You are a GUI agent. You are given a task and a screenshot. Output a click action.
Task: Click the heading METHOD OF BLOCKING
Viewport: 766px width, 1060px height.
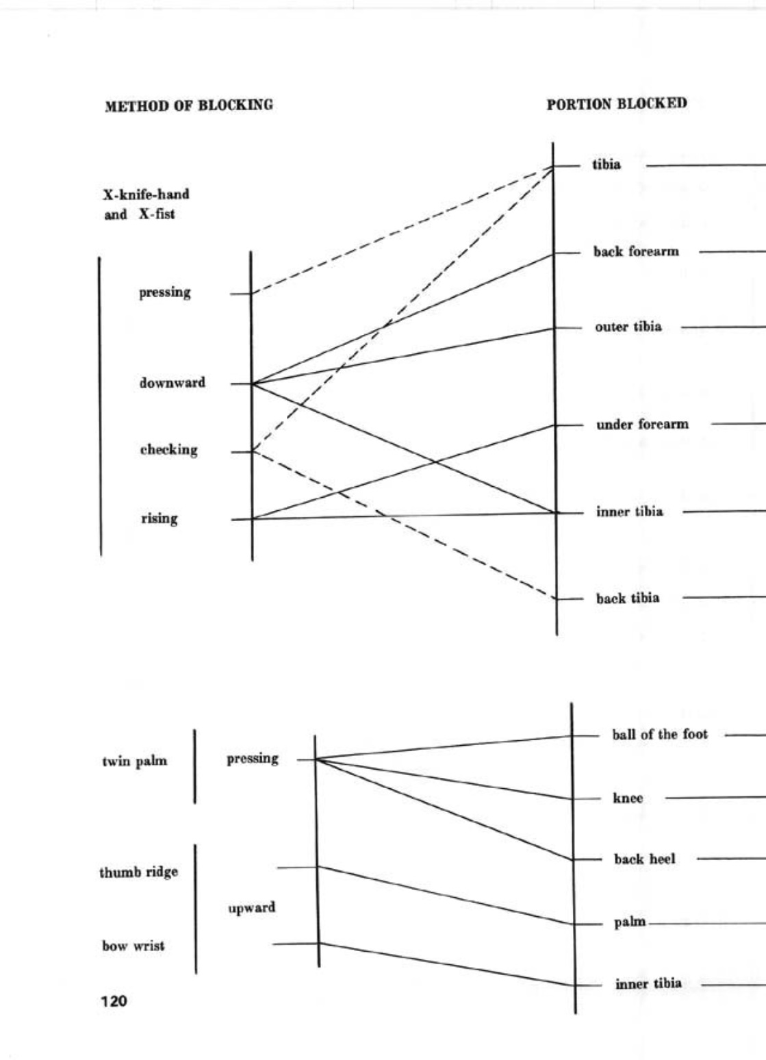click(188, 105)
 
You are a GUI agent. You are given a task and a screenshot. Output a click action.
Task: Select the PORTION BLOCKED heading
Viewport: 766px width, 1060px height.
click(616, 104)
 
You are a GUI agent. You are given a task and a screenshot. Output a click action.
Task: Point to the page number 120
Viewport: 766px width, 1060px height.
click(114, 1001)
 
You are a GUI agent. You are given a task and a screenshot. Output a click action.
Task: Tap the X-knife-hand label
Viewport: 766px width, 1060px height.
click(146, 194)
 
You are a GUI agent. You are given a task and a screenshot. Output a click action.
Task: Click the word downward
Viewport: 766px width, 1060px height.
click(172, 383)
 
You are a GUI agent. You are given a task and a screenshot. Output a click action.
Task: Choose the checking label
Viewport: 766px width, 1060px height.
click(168, 450)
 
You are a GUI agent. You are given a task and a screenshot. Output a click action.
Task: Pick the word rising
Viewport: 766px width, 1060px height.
click(159, 518)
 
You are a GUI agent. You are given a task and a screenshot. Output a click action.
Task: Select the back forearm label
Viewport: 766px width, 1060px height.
click(636, 252)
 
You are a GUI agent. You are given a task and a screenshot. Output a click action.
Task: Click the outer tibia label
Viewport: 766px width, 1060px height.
click(628, 327)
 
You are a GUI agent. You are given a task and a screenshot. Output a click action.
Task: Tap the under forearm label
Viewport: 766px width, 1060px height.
click(641, 425)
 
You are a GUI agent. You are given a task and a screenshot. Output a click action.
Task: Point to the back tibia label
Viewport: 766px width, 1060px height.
click(627, 598)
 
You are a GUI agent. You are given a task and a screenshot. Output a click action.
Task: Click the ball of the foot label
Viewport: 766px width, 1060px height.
click(660, 735)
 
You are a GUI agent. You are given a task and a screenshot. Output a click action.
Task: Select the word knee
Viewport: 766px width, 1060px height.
click(628, 798)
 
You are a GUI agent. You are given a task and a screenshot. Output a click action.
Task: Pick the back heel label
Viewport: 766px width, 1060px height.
click(644, 859)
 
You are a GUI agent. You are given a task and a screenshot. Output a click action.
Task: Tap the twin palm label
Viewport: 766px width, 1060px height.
click(134, 761)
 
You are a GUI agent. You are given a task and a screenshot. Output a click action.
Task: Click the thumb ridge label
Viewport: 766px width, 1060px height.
click(138, 872)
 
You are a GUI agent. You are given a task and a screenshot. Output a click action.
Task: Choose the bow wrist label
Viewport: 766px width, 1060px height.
click(133, 946)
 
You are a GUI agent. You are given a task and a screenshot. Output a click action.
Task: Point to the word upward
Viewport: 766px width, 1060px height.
click(252, 908)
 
